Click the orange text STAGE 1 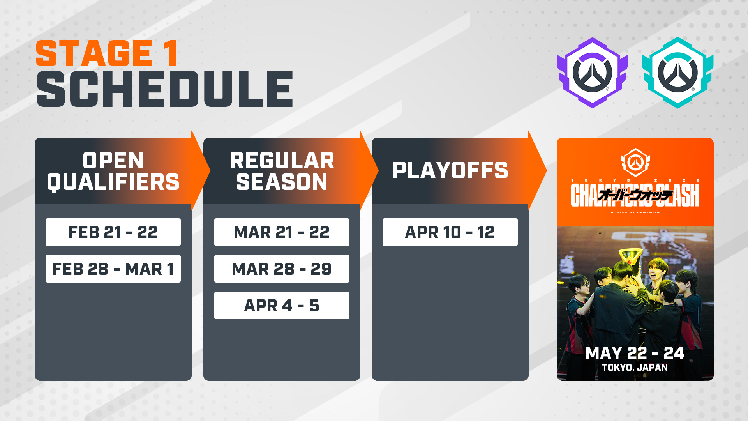[x=106, y=54]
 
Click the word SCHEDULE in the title [x=164, y=89]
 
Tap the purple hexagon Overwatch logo [x=592, y=73]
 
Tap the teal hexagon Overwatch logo [x=678, y=73]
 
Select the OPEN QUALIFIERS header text [x=113, y=171]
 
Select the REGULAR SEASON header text [x=282, y=171]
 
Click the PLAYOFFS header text [x=450, y=170]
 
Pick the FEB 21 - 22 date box [x=113, y=232]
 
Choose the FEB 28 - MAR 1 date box [x=113, y=269]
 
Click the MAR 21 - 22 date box [x=282, y=232]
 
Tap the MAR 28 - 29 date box [x=282, y=269]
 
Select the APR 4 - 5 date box [x=282, y=306]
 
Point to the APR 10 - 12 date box [x=450, y=232]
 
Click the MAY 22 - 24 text [x=635, y=353]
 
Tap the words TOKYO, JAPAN [x=635, y=368]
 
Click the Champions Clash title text [x=635, y=195]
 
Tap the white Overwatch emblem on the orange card [x=635, y=162]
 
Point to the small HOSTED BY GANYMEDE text [x=635, y=212]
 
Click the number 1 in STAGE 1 [x=170, y=54]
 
